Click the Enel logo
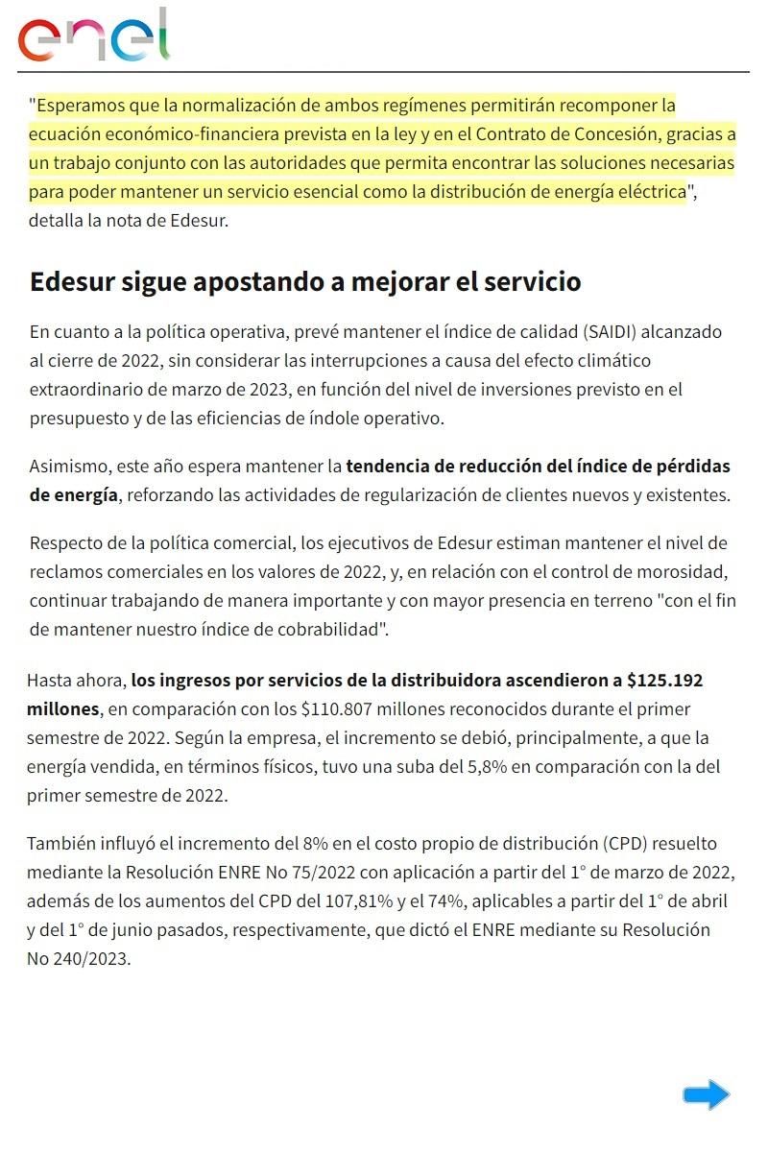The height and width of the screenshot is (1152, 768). point(93,36)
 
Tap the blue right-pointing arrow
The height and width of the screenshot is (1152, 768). point(707,1094)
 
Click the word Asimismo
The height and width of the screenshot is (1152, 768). point(67,468)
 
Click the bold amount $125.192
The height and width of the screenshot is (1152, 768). point(664,681)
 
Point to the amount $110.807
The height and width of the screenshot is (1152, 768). point(337,709)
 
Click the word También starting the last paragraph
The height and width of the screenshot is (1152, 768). point(62,844)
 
